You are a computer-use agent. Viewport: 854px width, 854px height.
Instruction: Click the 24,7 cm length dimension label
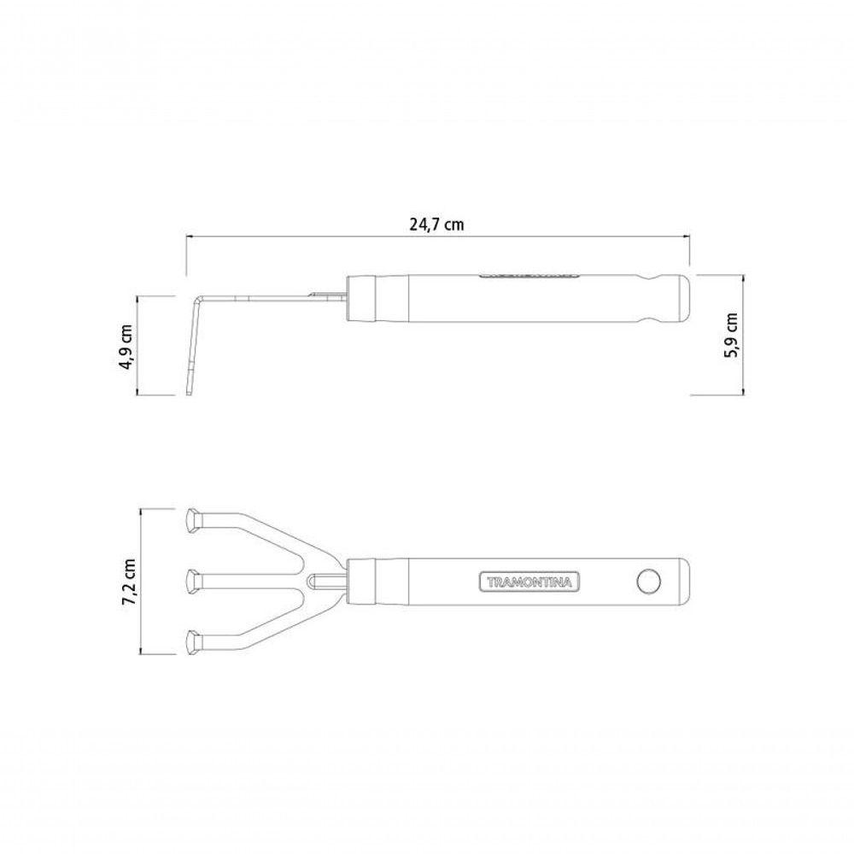436,225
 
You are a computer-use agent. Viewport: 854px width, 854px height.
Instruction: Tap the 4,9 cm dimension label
126,348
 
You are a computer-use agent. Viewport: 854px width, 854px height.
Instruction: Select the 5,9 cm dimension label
731,335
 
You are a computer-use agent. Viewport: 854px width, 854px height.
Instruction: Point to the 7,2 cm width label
131,582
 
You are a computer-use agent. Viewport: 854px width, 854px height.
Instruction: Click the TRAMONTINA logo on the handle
529,582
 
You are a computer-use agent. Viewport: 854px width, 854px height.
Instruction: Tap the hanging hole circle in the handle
649,582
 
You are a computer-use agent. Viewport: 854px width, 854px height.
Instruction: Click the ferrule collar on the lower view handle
361,582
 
